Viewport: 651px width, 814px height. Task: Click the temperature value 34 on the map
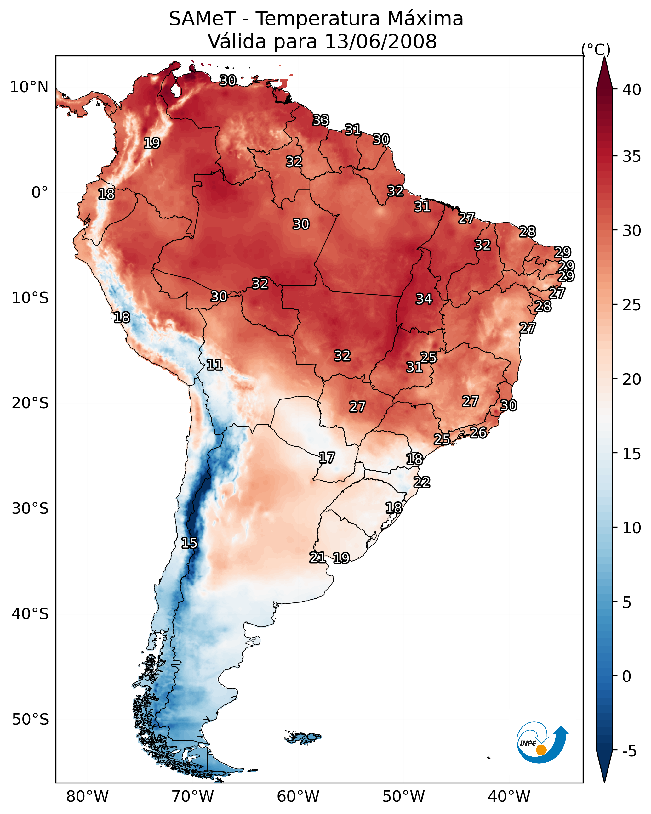coord(424,299)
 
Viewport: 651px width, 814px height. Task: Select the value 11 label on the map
coord(214,365)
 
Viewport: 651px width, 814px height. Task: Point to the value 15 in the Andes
coord(189,543)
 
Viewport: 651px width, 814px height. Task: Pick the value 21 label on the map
coord(317,557)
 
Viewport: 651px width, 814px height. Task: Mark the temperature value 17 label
coord(326,458)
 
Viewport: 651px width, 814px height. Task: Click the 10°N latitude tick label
coord(29,87)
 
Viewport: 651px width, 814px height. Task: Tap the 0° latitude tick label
coord(40,193)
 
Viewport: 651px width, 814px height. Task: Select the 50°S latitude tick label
coord(30,720)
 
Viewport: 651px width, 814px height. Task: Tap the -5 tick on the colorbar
coord(629,751)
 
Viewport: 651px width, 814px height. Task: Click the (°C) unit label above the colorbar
coord(596,49)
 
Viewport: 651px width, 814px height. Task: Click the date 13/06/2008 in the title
coord(380,41)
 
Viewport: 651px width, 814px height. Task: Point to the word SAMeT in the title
coord(202,19)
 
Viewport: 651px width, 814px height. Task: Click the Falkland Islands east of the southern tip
coord(303,737)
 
